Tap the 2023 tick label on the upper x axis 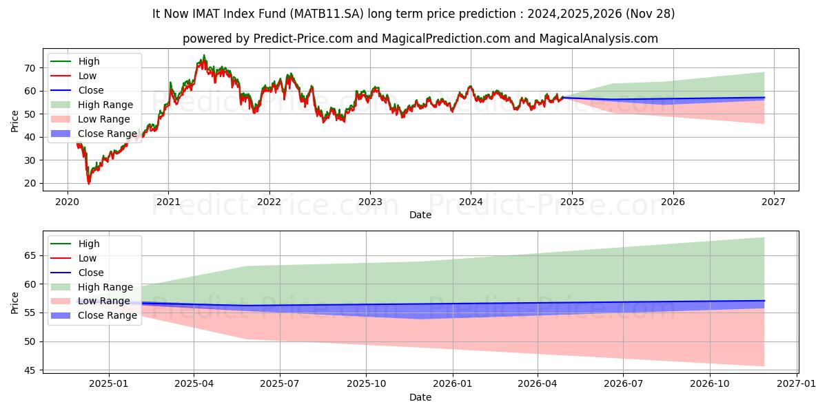point(370,202)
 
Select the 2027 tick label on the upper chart point(773,202)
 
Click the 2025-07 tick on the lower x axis point(280,384)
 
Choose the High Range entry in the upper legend point(105,105)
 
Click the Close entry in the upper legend point(91,90)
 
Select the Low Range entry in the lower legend point(104,301)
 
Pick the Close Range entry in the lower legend point(108,316)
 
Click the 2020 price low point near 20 point(88,183)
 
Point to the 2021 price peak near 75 point(203,56)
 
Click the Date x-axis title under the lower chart point(420,397)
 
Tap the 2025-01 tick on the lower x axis point(109,384)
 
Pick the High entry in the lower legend point(89,244)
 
